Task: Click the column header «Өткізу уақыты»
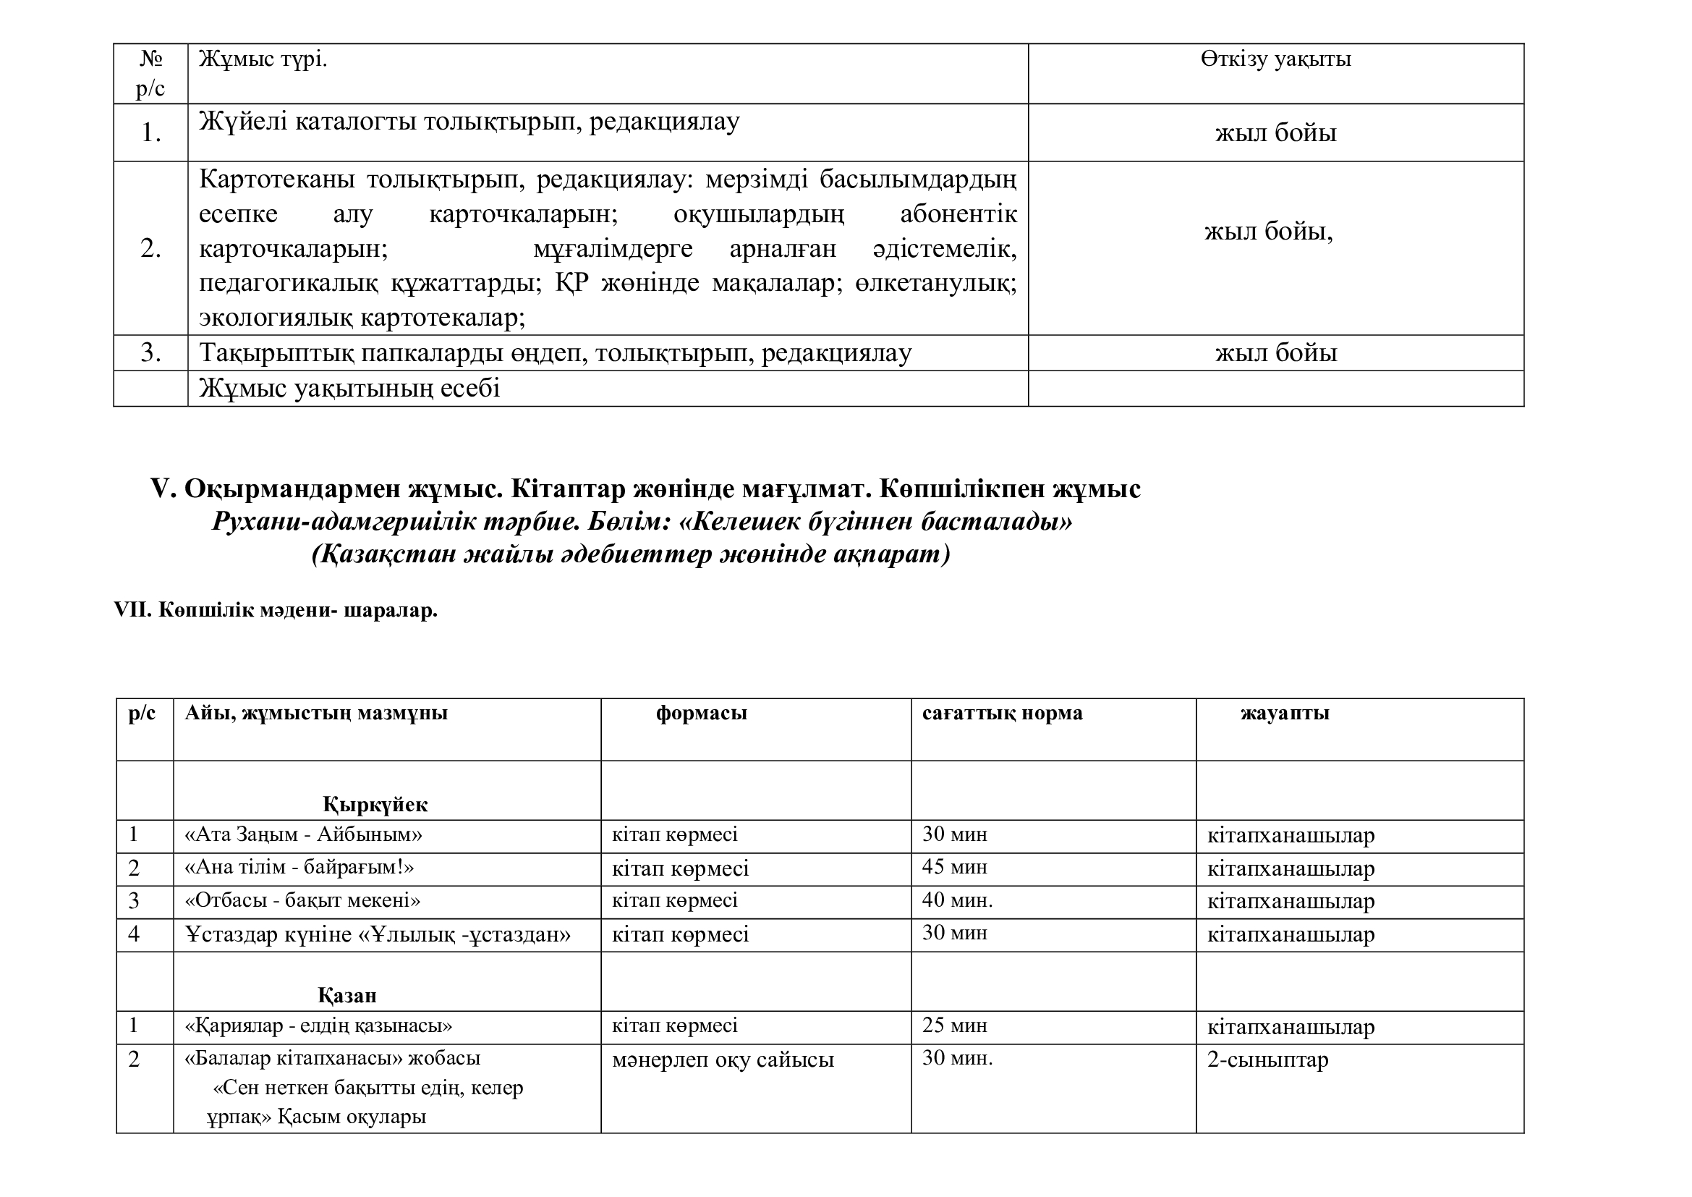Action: tap(1275, 59)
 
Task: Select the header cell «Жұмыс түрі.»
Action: tap(263, 59)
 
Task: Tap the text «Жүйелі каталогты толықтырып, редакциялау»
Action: tap(469, 122)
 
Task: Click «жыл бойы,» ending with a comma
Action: tap(1268, 232)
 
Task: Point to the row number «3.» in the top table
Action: tap(150, 353)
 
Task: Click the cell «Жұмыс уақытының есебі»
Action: tap(349, 389)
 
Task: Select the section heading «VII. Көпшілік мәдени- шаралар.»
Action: tap(276, 610)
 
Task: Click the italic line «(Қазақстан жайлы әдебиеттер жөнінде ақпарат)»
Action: tap(631, 554)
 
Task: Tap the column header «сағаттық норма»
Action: tap(1002, 713)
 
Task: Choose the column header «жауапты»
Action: tap(1285, 713)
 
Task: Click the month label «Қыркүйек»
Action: tap(375, 804)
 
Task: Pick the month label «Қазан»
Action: tap(347, 996)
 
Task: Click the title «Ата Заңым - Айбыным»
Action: tap(303, 834)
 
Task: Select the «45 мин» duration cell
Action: tap(954, 867)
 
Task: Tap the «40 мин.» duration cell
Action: tap(957, 900)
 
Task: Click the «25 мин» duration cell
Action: tap(954, 1025)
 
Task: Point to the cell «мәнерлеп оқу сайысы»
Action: tap(723, 1060)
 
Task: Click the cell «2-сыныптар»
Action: tap(1267, 1060)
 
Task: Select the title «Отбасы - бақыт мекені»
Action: tap(302, 901)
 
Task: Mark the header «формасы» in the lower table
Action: tap(702, 713)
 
